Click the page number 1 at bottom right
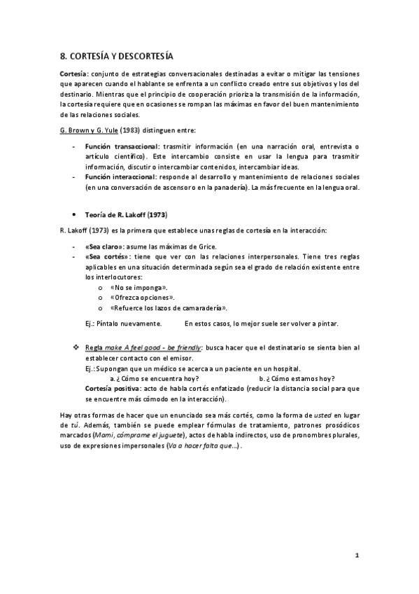pyautogui.click(x=357, y=555)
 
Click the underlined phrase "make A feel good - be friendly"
pyautogui.click(x=153, y=347)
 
